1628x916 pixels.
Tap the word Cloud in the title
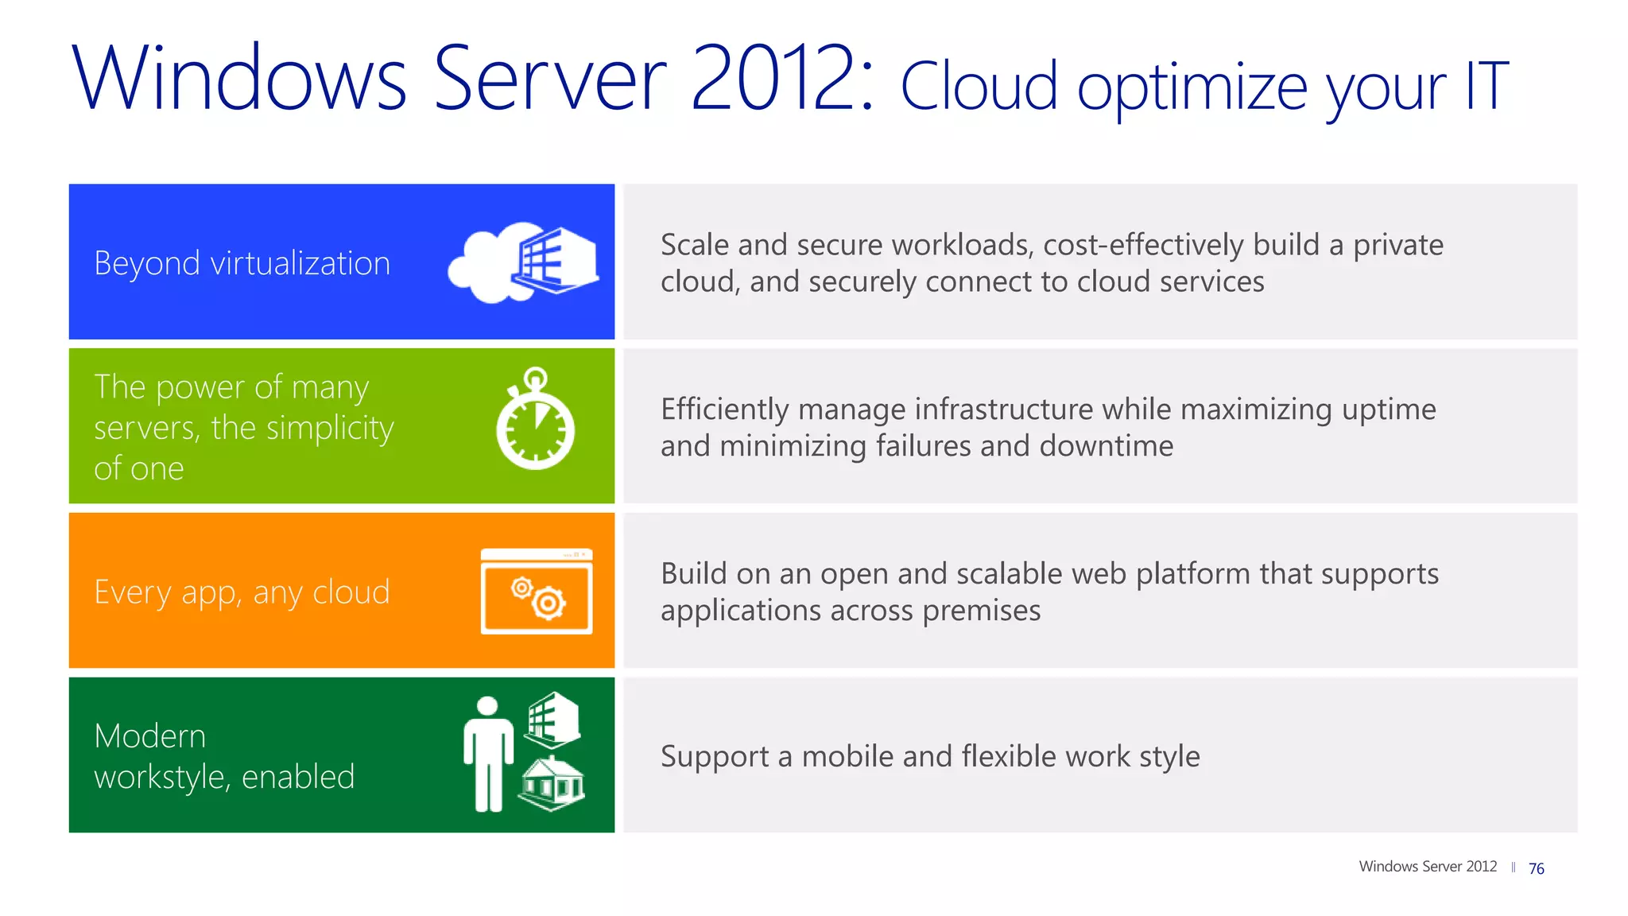click(x=979, y=86)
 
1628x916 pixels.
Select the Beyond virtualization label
click(x=242, y=263)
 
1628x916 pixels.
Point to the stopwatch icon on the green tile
click(x=535, y=420)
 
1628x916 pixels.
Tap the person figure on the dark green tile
click(x=488, y=754)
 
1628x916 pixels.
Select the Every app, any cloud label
click(x=242, y=592)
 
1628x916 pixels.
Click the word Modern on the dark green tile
click(x=149, y=736)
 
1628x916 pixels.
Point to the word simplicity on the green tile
click(x=329, y=429)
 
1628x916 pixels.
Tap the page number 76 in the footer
click(x=1536, y=868)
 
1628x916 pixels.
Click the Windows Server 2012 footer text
click(x=1427, y=867)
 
